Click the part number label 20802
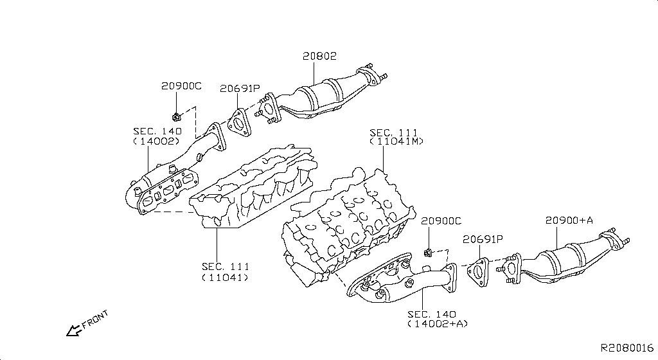(319, 57)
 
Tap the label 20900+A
(569, 221)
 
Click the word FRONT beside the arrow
(96, 319)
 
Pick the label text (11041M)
(396, 141)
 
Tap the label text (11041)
(225, 278)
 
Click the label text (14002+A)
(436, 324)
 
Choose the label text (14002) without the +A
(157, 141)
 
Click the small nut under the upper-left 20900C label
(175, 117)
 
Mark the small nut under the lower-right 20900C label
(427, 250)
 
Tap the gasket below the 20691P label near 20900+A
(478, 271)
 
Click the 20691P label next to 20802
(240, 89)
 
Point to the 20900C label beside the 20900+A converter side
(441, 221)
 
